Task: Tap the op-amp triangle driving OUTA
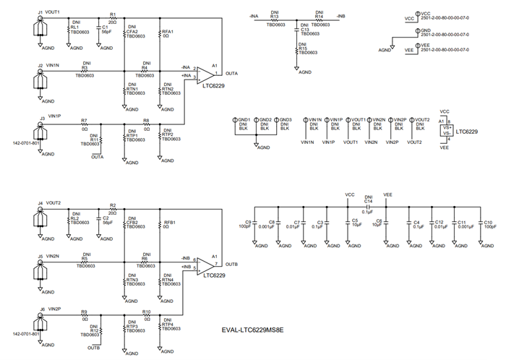coord(206,74)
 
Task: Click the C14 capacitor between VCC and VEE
coord(368,207)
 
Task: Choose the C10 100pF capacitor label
coord(489,224)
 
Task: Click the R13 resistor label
coord(274,18)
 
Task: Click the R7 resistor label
coord(85,120)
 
